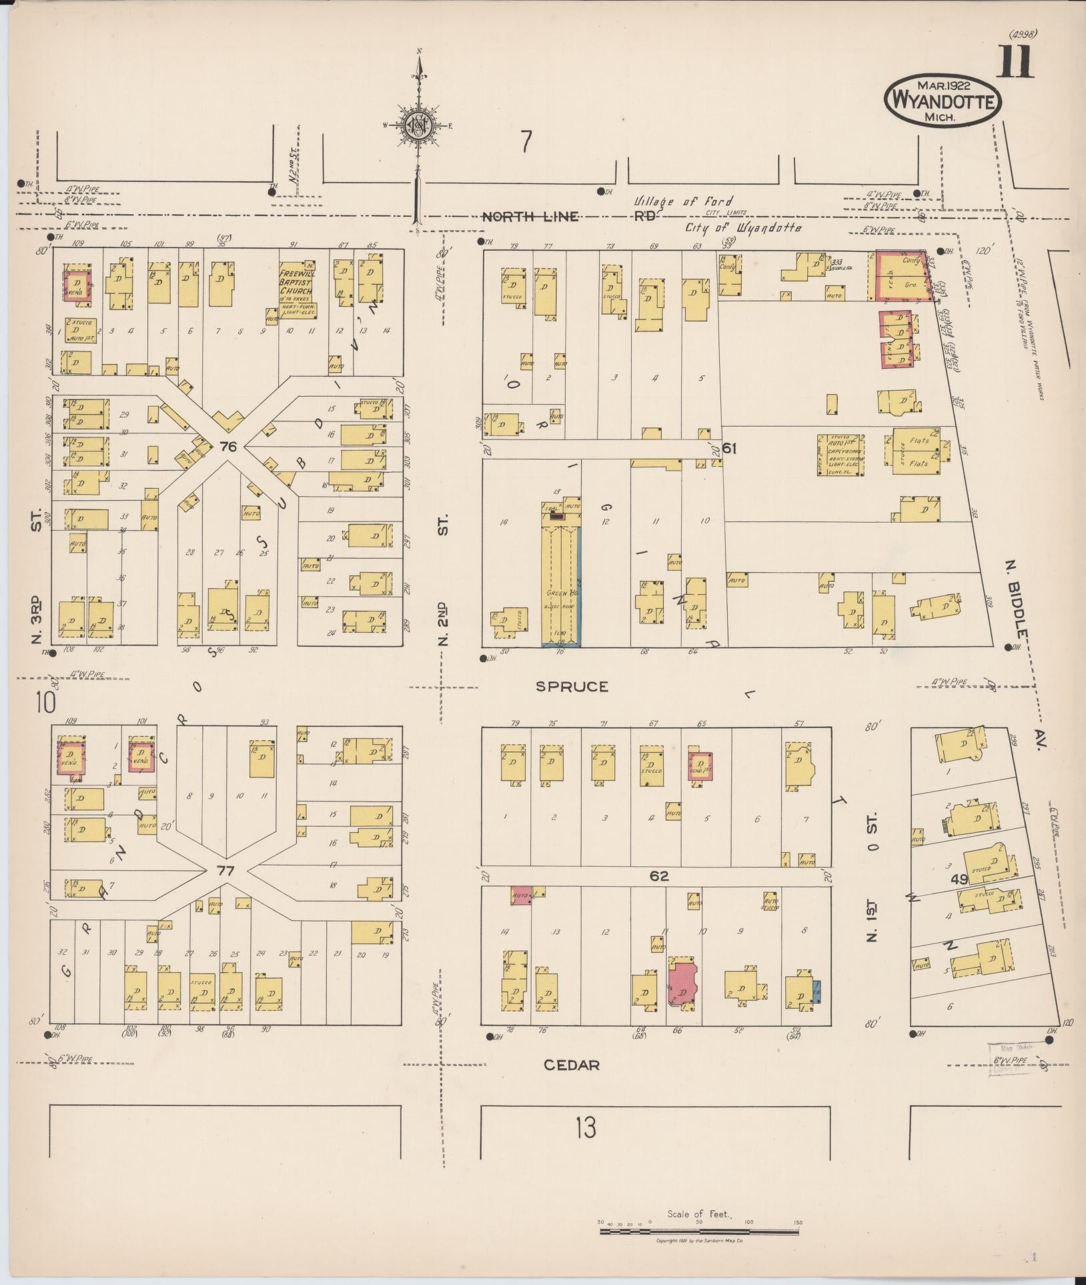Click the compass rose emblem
click(x=419, y=125)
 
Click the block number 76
click(x=229, y=448)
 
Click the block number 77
click(x=224, y=870)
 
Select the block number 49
click(x=959, y=880)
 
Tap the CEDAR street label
click(x=571, y=1065)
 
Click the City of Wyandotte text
click(x=743, y=227)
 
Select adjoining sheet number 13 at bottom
click(x=586, y=1129)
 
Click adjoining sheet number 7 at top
click(x=527, y=141)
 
